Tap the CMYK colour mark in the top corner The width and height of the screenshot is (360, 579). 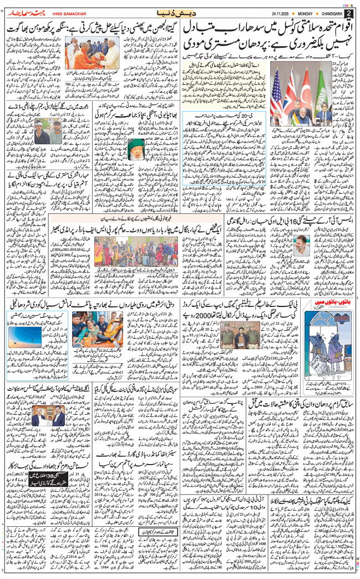point(348,3)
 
